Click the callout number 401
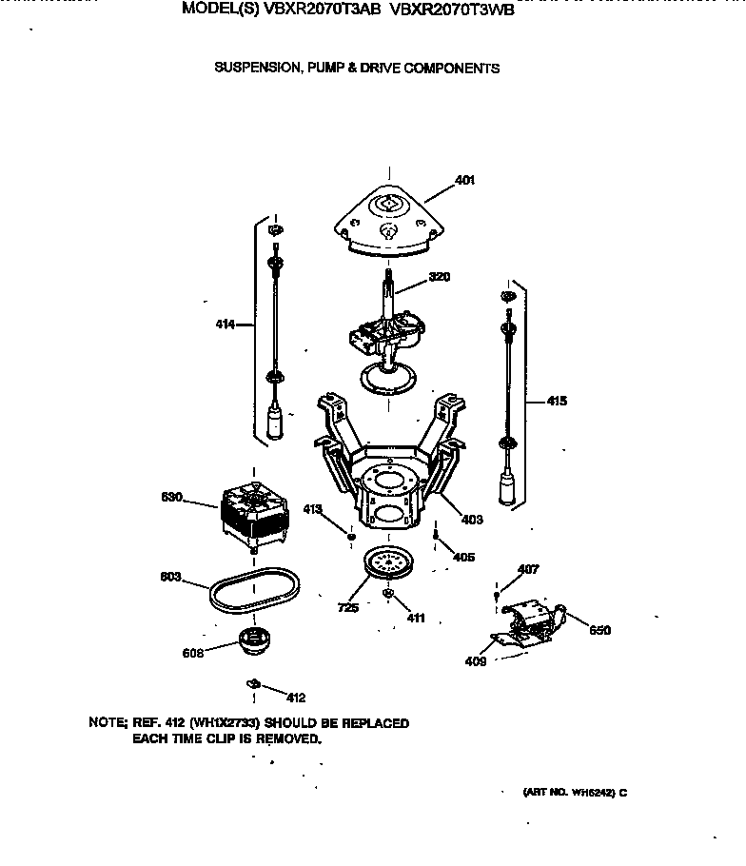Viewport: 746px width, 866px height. [465, 180]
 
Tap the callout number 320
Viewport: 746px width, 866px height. [439, 277]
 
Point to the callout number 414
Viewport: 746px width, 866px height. [226, 325]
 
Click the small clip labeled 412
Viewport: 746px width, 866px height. [253, 682]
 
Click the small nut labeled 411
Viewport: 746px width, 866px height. [389, 595]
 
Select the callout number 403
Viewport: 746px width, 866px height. [471, 520]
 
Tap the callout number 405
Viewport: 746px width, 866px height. [463, 557]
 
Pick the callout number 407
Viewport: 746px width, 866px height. [527, 570]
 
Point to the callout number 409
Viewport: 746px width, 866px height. [475, 661]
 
